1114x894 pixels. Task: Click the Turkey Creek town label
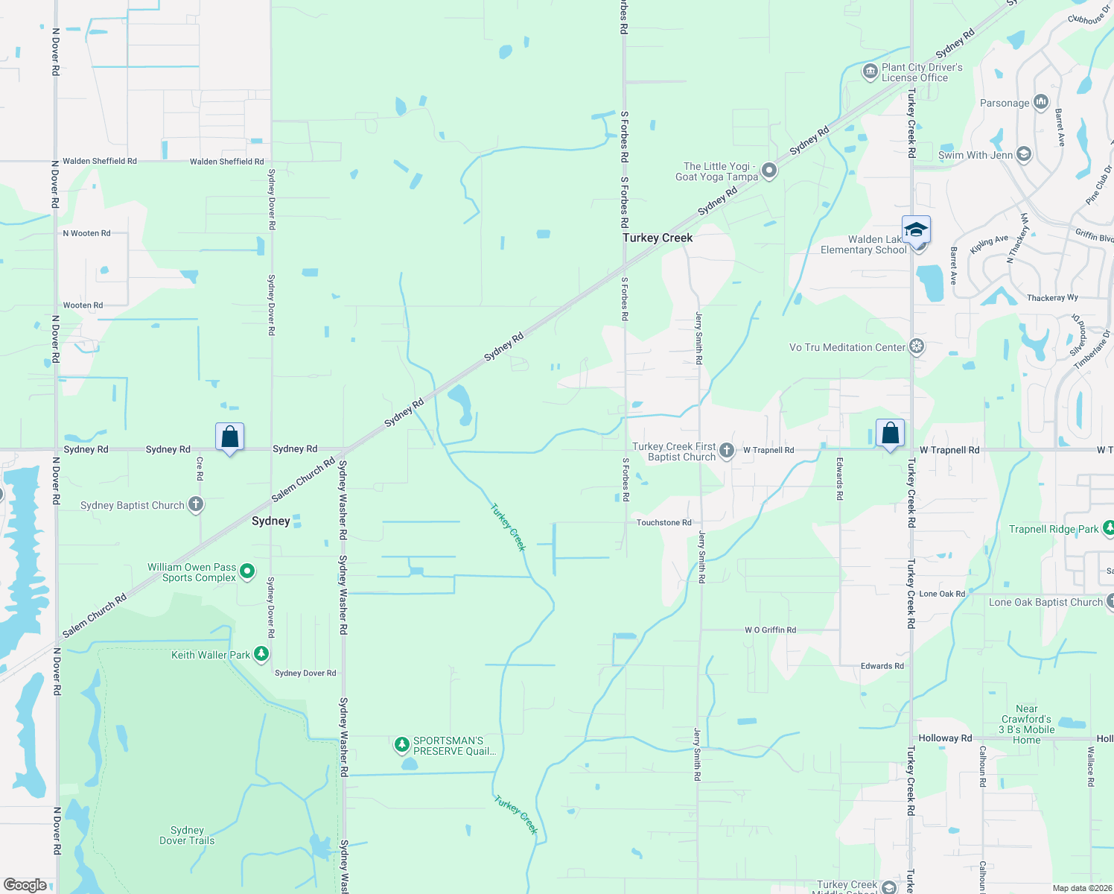658,238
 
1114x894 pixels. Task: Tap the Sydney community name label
270,521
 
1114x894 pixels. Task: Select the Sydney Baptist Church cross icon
196,504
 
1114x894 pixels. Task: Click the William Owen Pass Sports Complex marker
247,572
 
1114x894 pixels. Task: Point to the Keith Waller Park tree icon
261,654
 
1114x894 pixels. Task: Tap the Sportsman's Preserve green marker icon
401,744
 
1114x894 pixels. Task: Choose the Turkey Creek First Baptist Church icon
727,451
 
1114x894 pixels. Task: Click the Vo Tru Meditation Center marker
917,347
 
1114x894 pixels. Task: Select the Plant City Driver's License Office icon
870,72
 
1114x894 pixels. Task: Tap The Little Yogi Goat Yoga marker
769,171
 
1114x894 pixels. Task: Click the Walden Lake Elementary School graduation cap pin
915,229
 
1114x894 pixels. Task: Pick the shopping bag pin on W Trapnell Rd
890,433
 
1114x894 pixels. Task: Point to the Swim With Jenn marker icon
1024,155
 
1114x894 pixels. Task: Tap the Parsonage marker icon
1041,102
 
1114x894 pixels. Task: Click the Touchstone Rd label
663,522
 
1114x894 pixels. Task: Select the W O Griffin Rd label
770,630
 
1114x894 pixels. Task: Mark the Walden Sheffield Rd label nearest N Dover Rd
100,161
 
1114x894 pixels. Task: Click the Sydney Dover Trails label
187,835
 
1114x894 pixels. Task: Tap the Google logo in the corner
25,884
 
